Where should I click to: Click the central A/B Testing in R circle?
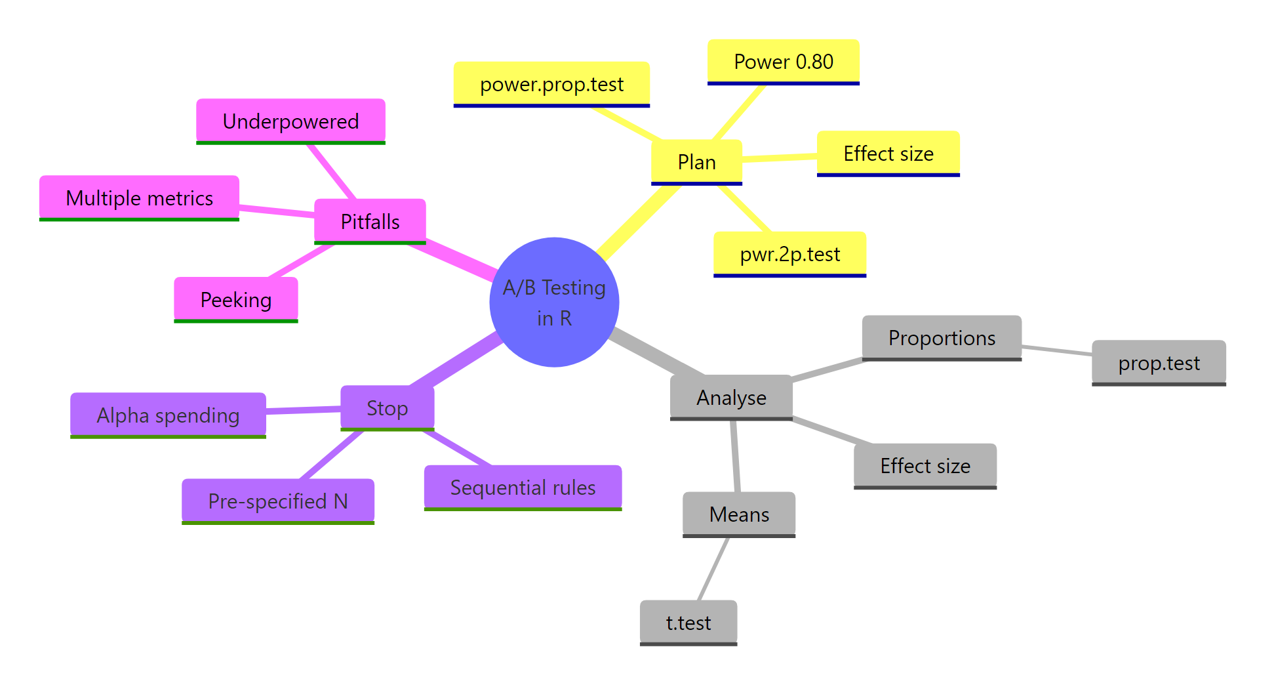pyautogui.click(x=554, y=302)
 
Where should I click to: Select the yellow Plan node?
pyautogui.click(x=696, y=162)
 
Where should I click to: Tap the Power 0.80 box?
pyautogui.click(x=783, y=62)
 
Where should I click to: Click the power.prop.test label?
pyautogui.click(x=551, y=84)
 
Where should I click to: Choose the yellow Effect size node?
pyautogui.click(x=888, y=154)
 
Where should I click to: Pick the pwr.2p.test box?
pyautogui.click(x=789, y=254)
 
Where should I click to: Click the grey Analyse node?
pyautogui.click(x=731, y=397)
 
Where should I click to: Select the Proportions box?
pyautogui.click(x=942, y=338)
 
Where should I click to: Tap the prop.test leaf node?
pyautogui.click(x=1159, y=363)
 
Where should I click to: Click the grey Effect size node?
pyautogui.click(x=925, y=466)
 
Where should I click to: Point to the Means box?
pyautogui.click(x=739, y=514)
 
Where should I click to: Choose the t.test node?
pyautogui.click(x=688, y=622)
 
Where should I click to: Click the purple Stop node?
pyautogui.click(x=387, y=408)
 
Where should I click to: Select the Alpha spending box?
pyautogui.click(x=168, y=415)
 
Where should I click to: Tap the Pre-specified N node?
pyautogui.click(x=277, y=501)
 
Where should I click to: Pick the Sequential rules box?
pyautogui.click(x=523, y=488)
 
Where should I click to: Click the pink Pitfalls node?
pyautogui.click(x=370, y=222)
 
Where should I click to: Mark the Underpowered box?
pyautogui.click(x=290, y=121)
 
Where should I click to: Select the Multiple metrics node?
pyautogui.click(x=139, y=198)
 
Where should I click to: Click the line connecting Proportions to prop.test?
pyautogui.click(x=1056, y=350)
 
